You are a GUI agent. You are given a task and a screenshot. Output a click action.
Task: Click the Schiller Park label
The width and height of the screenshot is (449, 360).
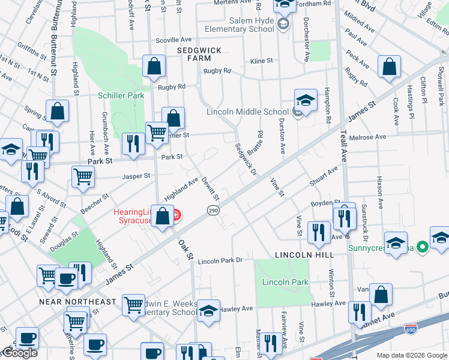coord(121,95)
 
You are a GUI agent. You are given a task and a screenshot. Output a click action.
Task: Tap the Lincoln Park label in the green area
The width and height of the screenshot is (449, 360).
coord(285,282)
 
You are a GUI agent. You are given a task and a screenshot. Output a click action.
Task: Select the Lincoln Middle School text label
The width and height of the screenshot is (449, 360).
coord(247,112)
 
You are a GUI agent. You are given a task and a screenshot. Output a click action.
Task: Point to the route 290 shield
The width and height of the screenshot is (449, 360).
coord(213,211)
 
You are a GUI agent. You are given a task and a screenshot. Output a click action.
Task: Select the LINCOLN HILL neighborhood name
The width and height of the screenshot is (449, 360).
coord(295,256)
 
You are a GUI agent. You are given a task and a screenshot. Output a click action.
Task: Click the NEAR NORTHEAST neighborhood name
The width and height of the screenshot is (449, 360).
coord(77,301)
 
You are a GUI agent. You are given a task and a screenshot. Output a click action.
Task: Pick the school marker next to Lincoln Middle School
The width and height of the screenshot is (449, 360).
coord(306,100)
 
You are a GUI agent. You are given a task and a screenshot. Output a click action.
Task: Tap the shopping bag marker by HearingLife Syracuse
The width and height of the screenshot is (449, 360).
coord(163,216)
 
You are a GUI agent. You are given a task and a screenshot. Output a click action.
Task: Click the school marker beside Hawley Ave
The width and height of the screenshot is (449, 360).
coord(208,311)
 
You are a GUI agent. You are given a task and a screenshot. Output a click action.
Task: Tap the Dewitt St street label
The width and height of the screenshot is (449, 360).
coord(211,188)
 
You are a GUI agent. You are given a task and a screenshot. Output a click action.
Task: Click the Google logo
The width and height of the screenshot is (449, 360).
coord(19,353)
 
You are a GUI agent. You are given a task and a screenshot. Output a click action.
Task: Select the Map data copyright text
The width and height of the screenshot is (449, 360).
coord(411,355)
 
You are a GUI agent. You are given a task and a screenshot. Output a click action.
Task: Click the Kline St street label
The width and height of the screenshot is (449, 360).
coord(262,61)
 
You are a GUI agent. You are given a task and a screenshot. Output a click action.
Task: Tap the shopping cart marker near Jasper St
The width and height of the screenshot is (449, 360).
coord(83,177)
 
